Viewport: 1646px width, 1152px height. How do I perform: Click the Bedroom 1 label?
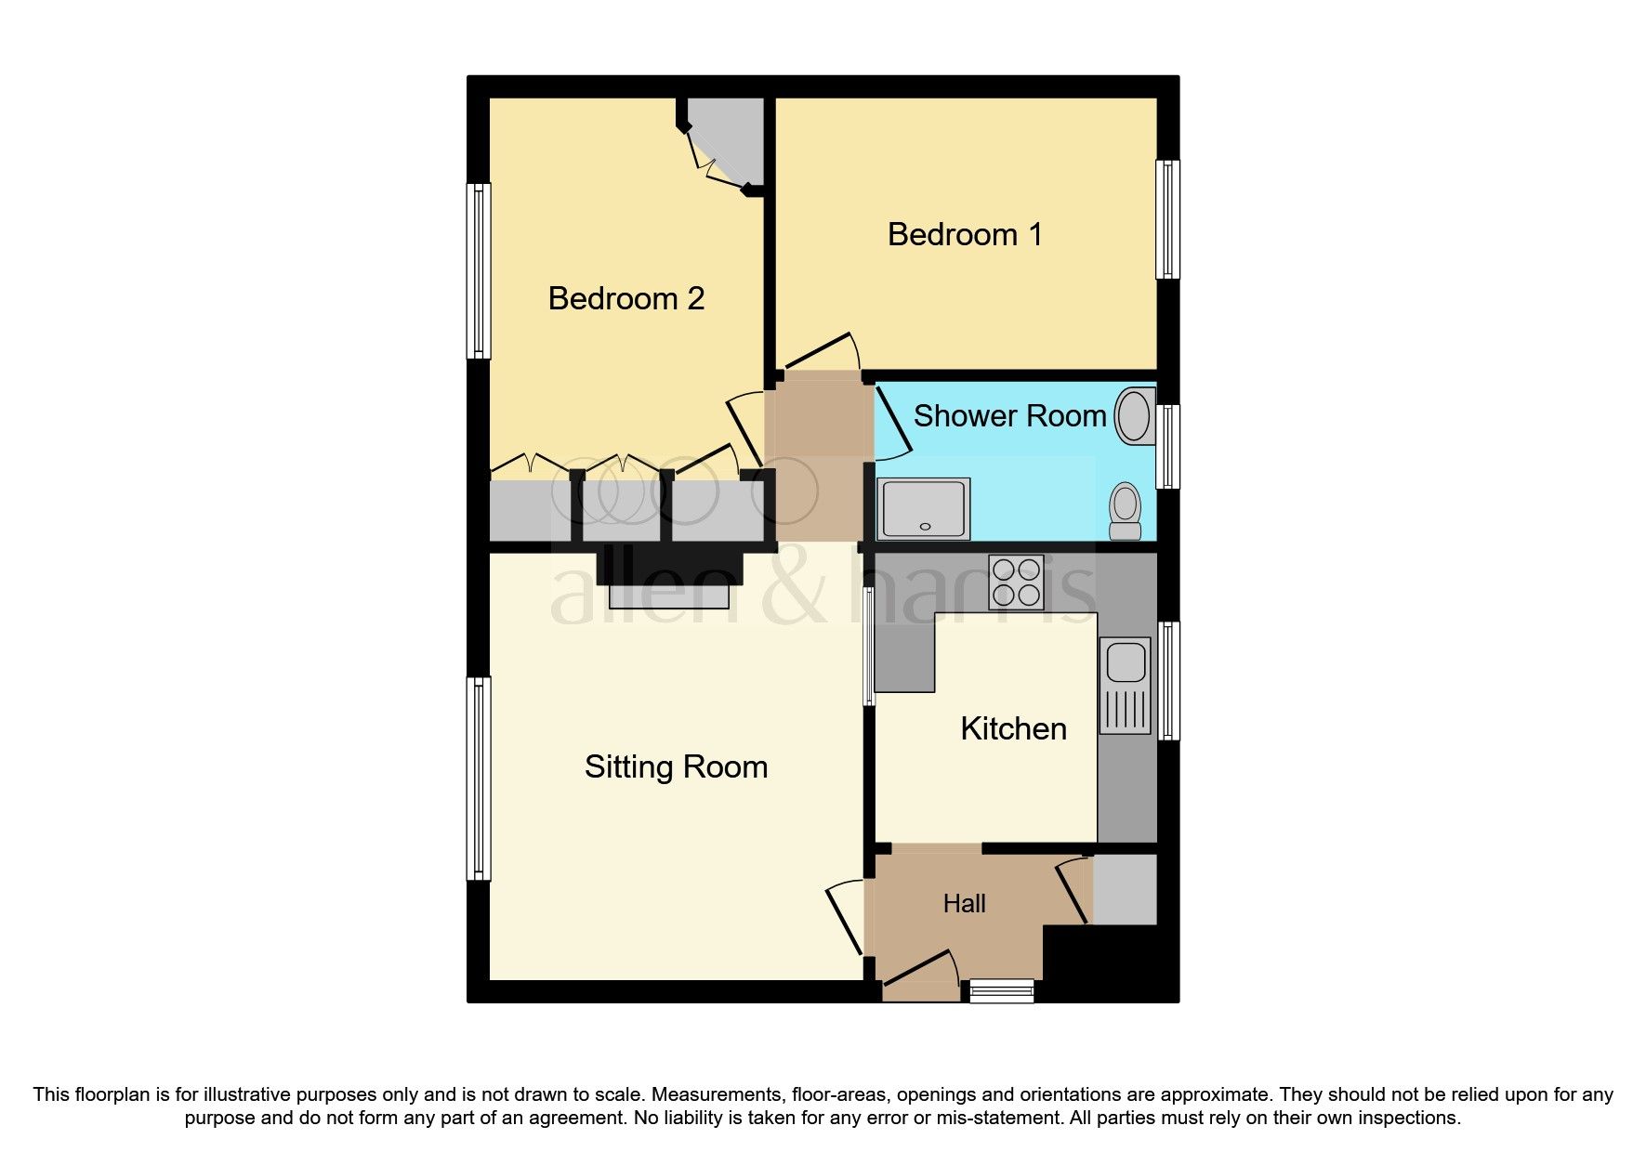click(965, 234)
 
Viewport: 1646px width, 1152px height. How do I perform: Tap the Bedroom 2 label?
click(625, 298)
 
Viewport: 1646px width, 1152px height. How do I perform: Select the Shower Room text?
click(1009, 415)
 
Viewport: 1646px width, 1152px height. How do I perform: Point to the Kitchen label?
click(1013, 728)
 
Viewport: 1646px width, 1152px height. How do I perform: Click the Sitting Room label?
click(676, 766)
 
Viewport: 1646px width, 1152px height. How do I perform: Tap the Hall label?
click(964, 903)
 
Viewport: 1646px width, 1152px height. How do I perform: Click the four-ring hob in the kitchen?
click(1015, 582)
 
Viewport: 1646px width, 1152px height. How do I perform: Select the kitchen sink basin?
click(1126, 662)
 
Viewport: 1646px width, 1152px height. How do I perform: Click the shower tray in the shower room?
click(925, 509)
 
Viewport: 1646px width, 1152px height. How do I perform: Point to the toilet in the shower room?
click(1126, 511)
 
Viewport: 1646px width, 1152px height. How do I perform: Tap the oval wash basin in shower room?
click(1133, 415)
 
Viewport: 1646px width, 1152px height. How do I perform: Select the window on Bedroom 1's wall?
click(1167, 219)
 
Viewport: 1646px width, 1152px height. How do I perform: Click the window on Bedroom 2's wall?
click(478, 270)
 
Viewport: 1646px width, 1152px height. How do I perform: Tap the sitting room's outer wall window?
click(478, 778)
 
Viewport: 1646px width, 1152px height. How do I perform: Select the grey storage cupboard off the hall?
click(1125, 889)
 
